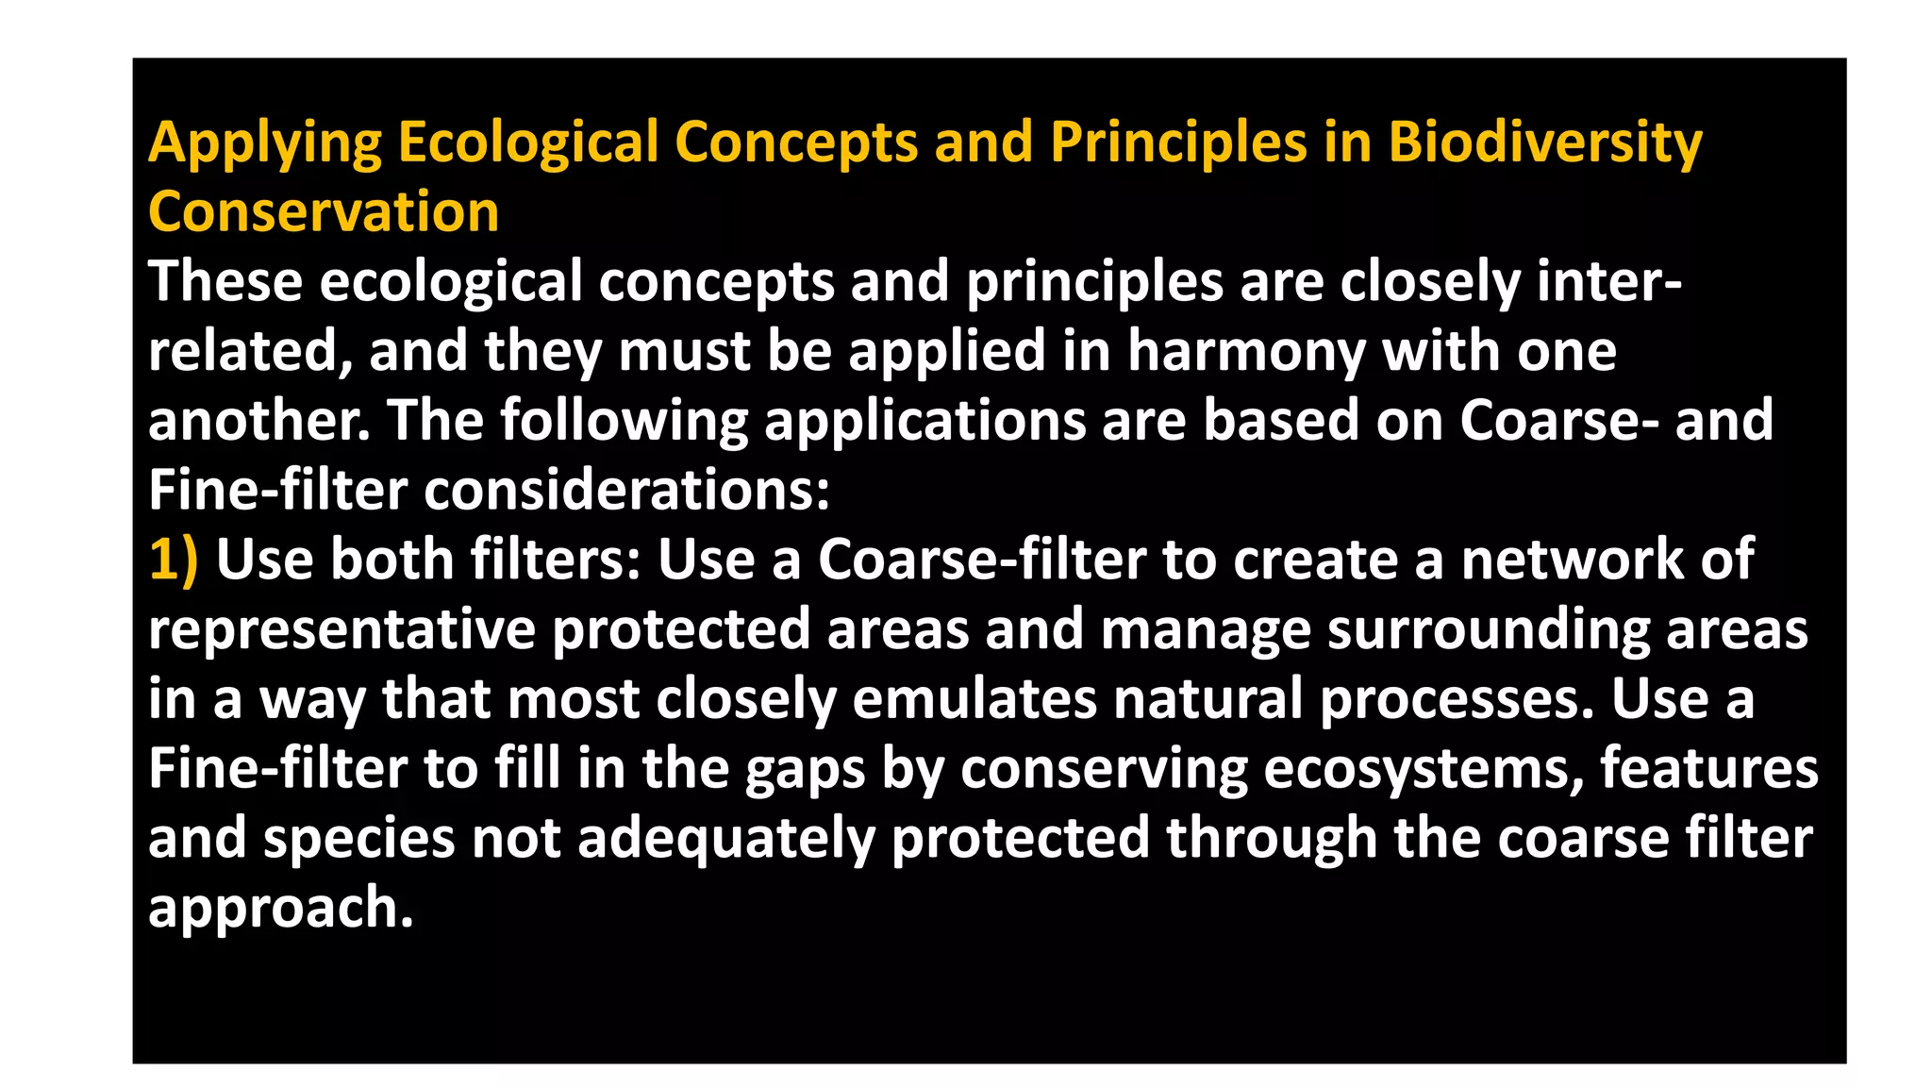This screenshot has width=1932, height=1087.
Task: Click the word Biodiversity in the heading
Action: [1544, 143]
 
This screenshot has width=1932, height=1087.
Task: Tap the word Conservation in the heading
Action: [324, 212]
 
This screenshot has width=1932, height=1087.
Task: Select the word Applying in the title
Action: [265, 143]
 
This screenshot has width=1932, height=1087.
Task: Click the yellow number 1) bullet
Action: [174, 560]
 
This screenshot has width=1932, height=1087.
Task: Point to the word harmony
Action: [1246, 352]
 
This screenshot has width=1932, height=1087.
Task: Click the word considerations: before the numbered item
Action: [626, 491]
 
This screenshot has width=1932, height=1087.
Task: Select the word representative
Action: [341, 629]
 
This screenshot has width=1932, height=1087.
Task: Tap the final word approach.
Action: [281, 909]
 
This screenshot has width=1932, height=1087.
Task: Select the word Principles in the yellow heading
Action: [1178, 143]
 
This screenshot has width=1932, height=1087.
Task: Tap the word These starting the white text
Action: [225, 282]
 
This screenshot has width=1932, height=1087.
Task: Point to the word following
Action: [624, 421]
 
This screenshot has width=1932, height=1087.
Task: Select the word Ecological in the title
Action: [527, 143]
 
